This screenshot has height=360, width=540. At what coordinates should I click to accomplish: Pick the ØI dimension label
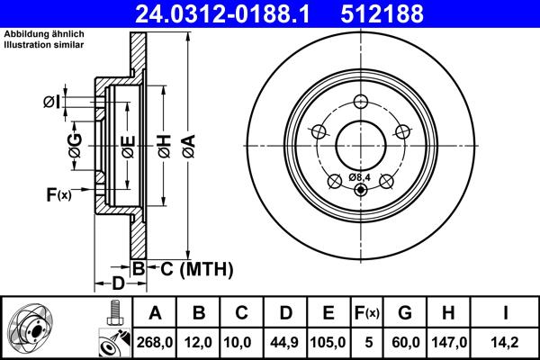coord(51,103)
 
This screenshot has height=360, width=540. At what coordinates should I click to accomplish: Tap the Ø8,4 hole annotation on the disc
coord(360,177)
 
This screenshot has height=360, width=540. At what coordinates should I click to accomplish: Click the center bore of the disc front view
coord(362,145)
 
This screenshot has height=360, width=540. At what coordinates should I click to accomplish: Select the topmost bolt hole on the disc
coord(362,102)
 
